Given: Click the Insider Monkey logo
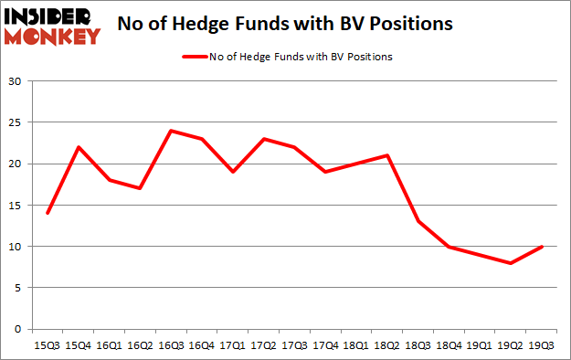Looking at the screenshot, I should [x=51, y=26].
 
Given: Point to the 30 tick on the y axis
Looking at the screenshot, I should [x=16, y=81].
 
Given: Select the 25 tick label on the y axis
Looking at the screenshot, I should [x=16, y=122].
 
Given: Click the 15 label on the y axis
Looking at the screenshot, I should [x=16, y=206].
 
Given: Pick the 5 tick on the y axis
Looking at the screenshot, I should [x=18, y=288].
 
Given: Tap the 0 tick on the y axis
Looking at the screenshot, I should [x=18, y=329].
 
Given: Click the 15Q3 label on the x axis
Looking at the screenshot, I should [x=47, y=346].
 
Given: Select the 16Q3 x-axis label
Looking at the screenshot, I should [x=171, y=346].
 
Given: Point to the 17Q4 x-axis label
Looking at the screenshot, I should [x=326, y=346].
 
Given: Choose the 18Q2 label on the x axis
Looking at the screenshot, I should [x=388, y=346].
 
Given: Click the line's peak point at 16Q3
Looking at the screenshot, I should [x=171, y=131].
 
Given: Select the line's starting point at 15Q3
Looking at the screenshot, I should [x=47, y=213].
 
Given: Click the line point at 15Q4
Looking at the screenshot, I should [x=78, y=147].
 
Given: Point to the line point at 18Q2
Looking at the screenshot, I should [x=388, y=155].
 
